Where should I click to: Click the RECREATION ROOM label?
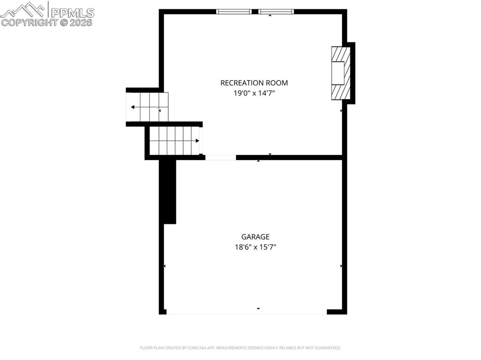tap(254, 83)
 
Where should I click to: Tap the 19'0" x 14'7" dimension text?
tap(254, 93)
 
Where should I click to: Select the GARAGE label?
tap(256, 237)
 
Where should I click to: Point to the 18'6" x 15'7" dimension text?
tap(256, 247)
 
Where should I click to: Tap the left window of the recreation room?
tap(233, 12)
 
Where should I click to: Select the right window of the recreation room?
tap(276, 12)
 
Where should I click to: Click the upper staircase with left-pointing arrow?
tap(147, 107)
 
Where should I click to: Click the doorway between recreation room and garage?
tap(220, 157)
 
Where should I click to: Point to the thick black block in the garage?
tap(168, 191)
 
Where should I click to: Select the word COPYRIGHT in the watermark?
tap(29, 23)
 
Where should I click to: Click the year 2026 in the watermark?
tap(81, 23)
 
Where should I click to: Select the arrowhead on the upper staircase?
tap(133, 107)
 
